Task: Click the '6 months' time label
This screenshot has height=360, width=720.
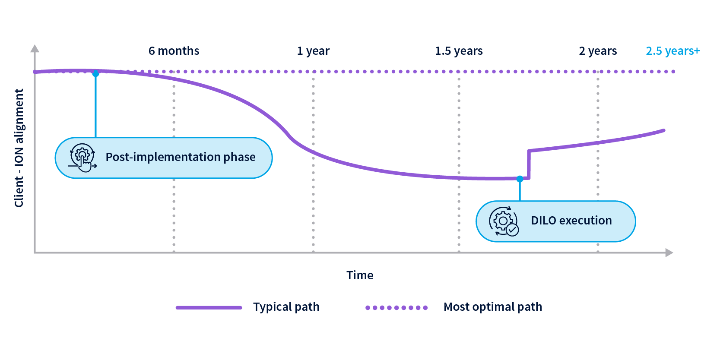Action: point(174,51)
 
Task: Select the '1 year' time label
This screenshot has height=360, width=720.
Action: point(313,51)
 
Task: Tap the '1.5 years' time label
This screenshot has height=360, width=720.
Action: point(459,51)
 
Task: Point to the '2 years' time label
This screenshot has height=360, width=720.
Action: point(598,51)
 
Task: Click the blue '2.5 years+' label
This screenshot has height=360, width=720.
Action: point(672,51)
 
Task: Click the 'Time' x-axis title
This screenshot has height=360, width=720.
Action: point(360,275)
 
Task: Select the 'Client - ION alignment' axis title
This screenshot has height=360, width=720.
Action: point(19,148)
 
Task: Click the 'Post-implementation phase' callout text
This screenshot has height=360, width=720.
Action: point(181,157)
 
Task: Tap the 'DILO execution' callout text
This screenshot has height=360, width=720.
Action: point(571,221)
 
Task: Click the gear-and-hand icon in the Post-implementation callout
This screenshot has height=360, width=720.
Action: point(82,158)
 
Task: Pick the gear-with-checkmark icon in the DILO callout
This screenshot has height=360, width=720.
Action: point(504,221)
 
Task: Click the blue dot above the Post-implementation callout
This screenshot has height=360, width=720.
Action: point(96,74)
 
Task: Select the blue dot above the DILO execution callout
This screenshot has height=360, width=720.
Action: point(520,179)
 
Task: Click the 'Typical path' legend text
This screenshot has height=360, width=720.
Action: point(286,307)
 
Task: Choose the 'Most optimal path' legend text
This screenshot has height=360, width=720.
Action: point(492,307)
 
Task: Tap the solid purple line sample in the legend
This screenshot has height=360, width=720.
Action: point(209,308)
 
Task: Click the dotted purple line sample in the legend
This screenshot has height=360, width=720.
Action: point(396,308)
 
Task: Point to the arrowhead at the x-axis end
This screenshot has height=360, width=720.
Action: point(669,253)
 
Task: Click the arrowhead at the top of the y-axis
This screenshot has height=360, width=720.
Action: point(35,48)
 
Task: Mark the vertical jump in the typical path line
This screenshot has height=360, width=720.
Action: point(529,164)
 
